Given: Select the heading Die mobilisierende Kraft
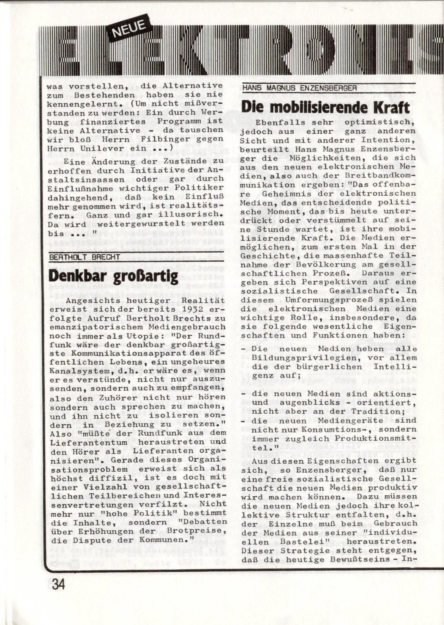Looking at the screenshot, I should tap(325, 108).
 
